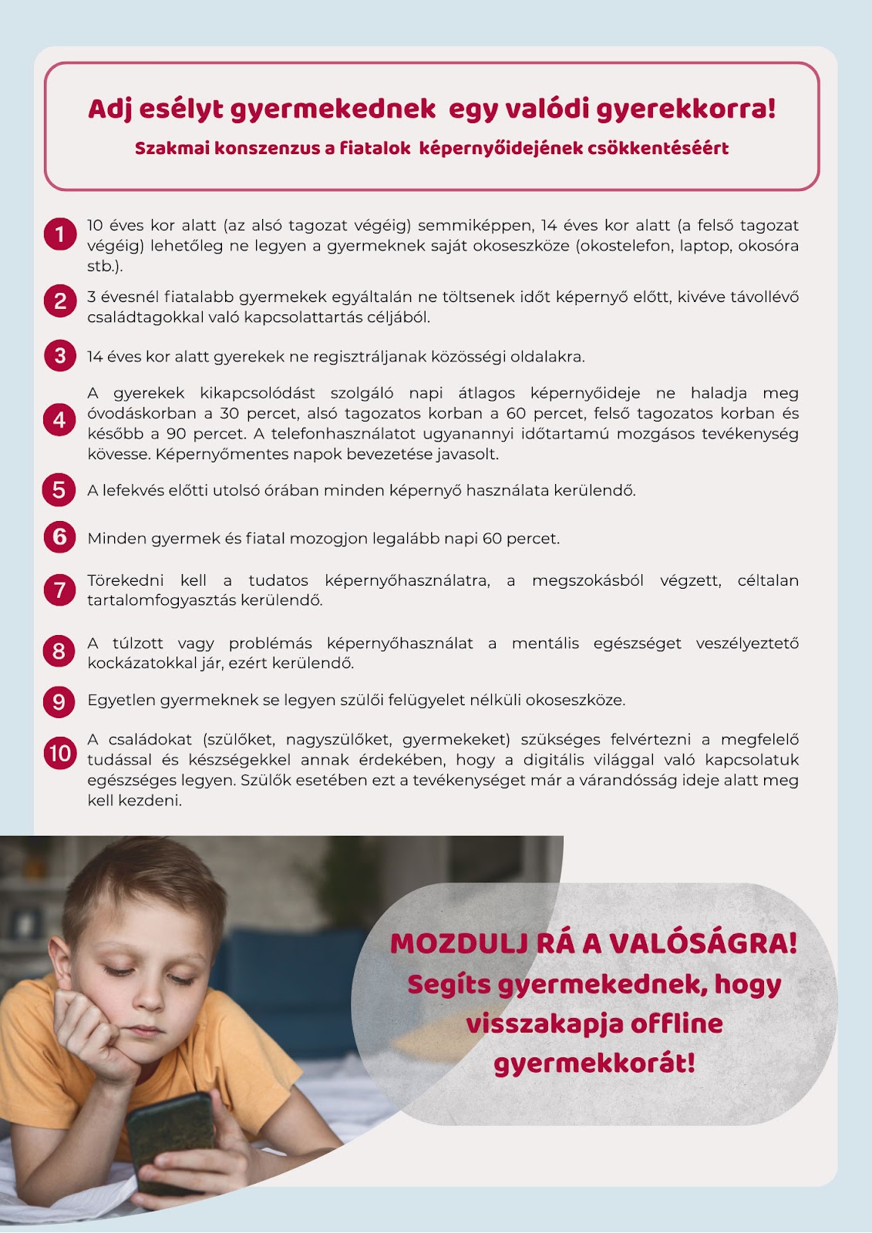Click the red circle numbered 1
[60, 234]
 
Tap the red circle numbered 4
[60, 420]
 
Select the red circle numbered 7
[60, 590]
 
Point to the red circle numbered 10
[60, 753]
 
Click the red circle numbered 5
[59, 490]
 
